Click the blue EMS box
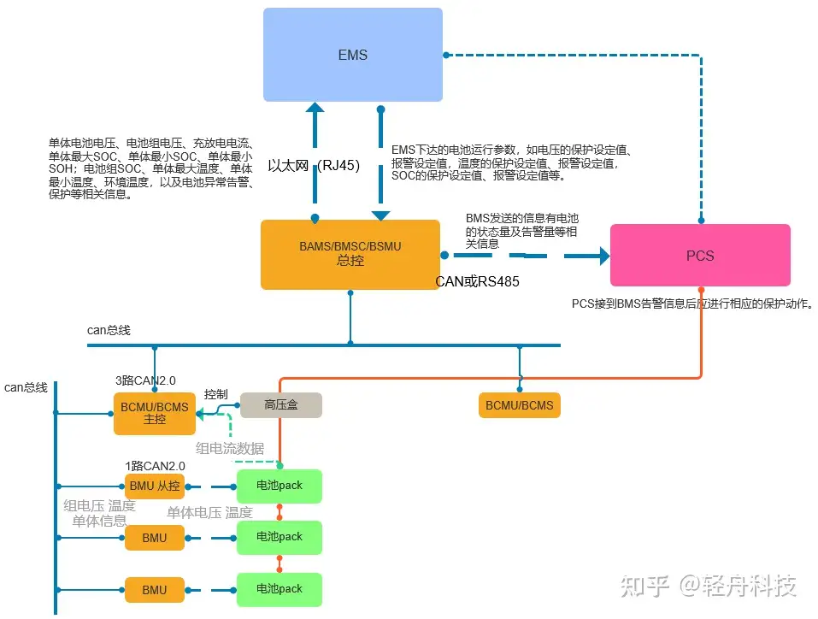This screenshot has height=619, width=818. point(353,54)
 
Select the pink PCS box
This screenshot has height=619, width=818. point(700,256)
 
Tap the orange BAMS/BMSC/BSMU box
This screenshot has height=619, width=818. point(350,254)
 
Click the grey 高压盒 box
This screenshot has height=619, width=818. point(280,405)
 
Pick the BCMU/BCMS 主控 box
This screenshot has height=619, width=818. point(155,413)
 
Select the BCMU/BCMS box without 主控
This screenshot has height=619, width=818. point(520,405)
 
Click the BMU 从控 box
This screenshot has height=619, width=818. point(155,486)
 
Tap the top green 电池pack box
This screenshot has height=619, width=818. point(280,486)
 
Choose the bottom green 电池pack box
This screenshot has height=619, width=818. point(280,589)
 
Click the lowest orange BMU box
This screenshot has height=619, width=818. point(155,590)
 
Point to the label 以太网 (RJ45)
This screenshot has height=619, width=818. point(314,166)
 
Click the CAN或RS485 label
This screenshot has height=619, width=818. point(477,282)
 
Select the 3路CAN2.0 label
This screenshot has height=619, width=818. point(145,380)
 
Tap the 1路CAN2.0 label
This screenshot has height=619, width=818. point(155,466)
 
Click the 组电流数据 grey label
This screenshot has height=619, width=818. point(230,448)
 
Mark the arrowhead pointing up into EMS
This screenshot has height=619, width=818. point(315,108)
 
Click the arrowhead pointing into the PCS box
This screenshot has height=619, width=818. point(604,256)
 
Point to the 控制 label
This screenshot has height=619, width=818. point(215,394)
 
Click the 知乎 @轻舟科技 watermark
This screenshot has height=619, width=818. point(708,586)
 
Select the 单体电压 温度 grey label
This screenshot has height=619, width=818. point(209,512)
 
